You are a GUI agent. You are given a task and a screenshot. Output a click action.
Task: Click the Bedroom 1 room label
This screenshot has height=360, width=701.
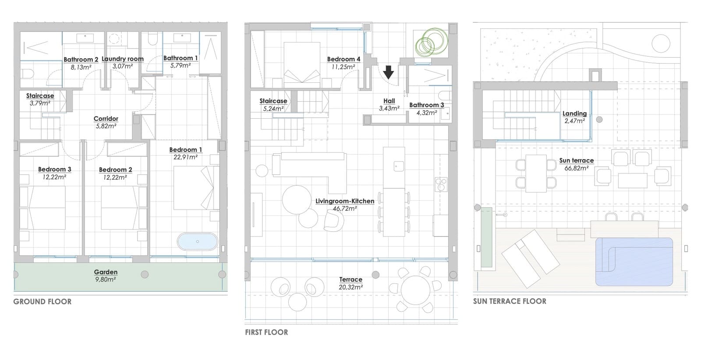186,150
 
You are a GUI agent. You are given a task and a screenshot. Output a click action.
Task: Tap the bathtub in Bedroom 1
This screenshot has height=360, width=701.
197,241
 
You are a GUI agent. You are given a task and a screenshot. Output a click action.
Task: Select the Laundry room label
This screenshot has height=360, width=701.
123,59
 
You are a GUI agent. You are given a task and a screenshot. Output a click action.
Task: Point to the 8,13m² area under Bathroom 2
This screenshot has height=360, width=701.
81,67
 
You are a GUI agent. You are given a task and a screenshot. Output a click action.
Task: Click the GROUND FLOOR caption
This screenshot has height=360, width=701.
42,301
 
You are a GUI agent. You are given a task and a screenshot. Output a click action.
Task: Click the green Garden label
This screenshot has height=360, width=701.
106,272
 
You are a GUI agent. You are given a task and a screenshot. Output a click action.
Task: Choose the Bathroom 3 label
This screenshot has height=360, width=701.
426,105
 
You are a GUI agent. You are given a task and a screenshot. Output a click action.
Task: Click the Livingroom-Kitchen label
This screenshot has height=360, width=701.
345,201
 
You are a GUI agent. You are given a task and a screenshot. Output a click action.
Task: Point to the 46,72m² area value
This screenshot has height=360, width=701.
345,209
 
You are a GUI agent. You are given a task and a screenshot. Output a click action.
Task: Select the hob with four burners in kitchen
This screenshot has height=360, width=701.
440,184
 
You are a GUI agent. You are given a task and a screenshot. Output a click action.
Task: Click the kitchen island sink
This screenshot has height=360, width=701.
398,166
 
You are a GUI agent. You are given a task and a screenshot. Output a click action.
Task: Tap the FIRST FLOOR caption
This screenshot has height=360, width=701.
266,332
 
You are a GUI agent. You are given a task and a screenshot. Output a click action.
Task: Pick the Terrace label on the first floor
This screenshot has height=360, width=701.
350,279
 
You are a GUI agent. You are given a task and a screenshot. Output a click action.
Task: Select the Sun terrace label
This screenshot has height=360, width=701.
576,160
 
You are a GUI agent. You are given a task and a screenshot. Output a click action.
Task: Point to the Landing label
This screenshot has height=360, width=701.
574,113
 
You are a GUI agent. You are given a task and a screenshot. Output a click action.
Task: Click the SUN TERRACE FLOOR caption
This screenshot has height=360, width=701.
510,301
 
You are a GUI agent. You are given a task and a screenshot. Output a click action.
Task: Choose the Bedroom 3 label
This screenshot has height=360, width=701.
54,169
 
